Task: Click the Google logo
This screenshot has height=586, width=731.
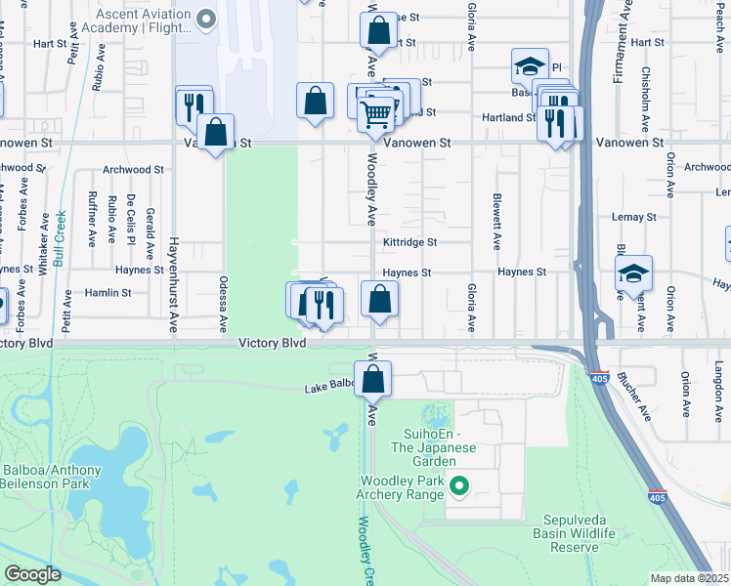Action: (32, 574)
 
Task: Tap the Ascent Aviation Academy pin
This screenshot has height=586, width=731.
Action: (205, 18)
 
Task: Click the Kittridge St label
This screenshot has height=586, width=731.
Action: (409, 241)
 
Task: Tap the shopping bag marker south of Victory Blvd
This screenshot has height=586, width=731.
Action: (372, 379)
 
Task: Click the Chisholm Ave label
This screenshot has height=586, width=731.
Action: (645, 99)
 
